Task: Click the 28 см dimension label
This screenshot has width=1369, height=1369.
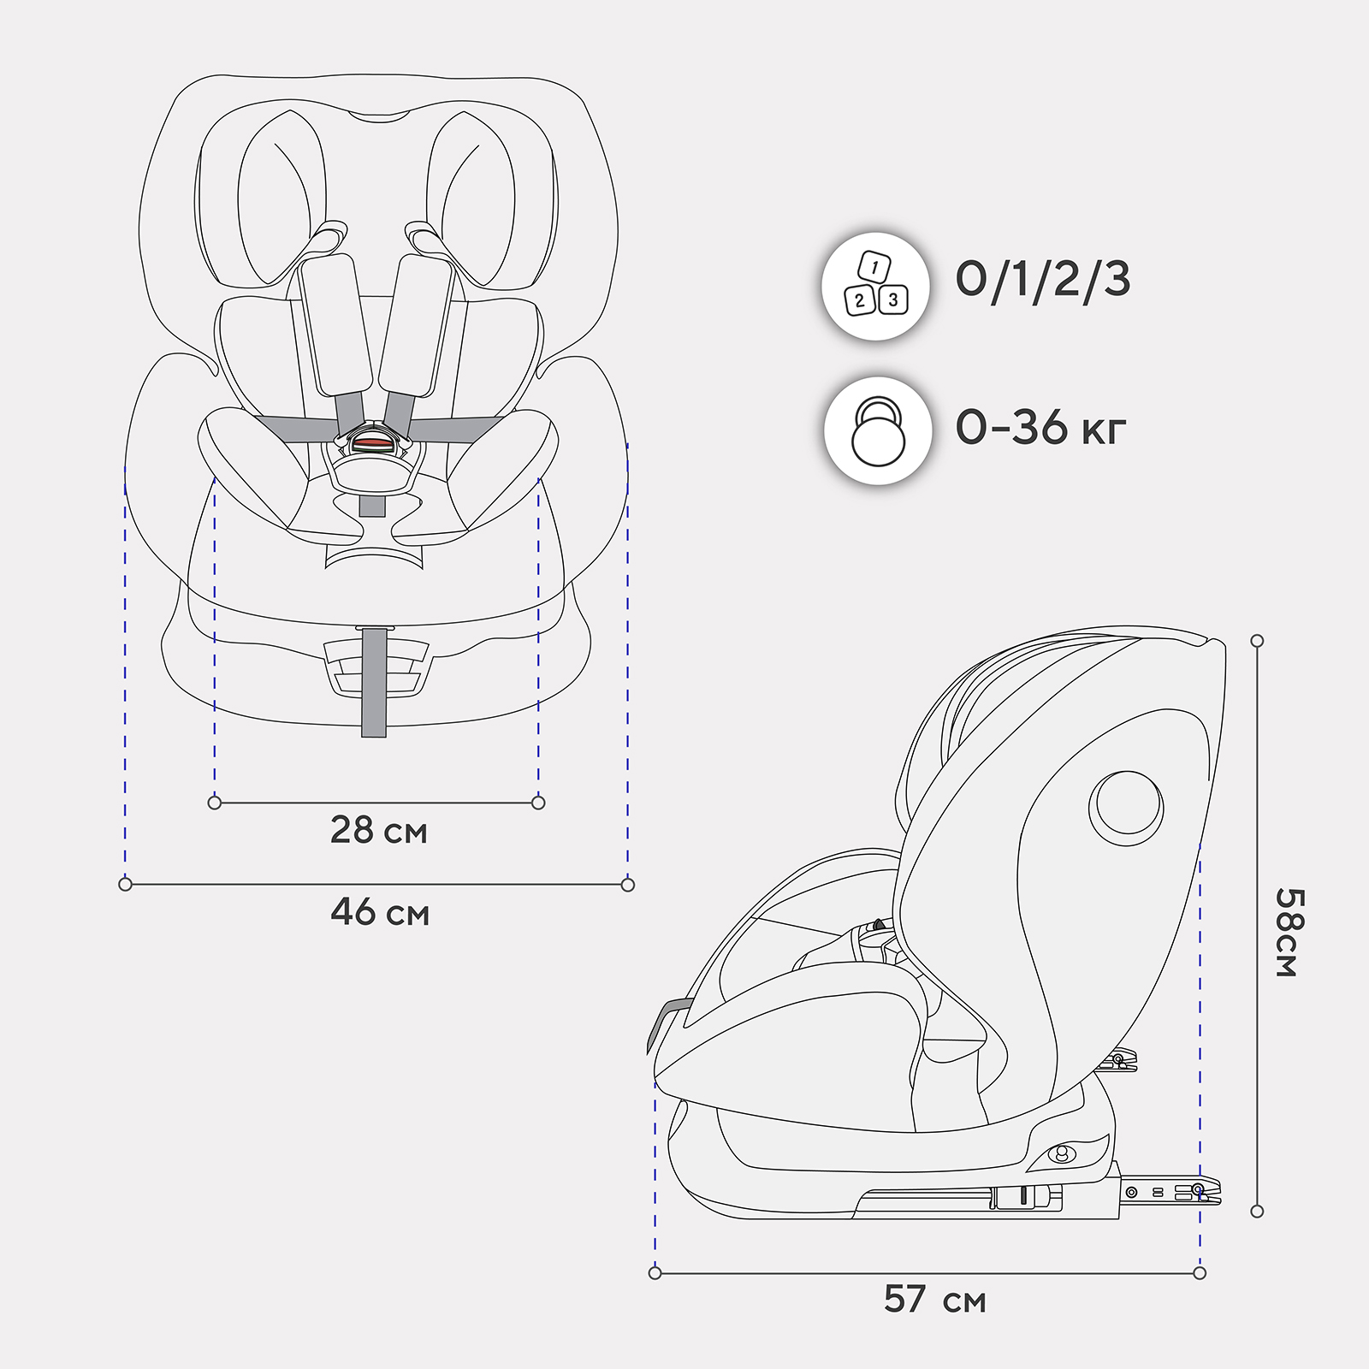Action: pos(378,831)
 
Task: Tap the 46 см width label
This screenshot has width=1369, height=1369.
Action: pos(380,913)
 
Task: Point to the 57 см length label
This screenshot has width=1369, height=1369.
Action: pos(934,1300)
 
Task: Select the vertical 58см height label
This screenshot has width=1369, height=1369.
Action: pos(1289,932)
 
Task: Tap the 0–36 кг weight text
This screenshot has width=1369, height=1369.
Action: pos(1040,427)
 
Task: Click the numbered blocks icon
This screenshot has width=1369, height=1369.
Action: pos(875,286)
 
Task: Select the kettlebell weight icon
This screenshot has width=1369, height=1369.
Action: pos(878,431)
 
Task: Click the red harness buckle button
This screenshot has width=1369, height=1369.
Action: pos(373,444)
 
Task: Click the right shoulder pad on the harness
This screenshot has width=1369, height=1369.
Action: pos(416,325)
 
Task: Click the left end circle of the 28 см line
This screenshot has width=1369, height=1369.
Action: pos(215,803)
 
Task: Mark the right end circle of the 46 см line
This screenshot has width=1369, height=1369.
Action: pos(628,885)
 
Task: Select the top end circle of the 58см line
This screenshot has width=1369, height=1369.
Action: pos(1257,641)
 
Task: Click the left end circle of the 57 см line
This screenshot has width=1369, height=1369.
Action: pos(655,1273)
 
